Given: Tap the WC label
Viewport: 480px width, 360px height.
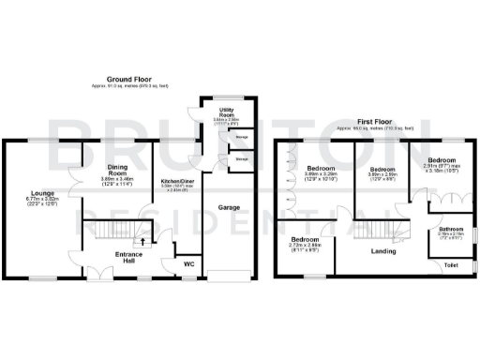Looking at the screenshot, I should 187,263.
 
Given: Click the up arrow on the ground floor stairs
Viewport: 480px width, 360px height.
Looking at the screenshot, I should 142,241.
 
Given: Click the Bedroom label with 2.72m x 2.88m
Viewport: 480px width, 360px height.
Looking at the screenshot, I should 304,240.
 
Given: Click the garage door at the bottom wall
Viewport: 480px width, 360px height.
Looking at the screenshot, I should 230,277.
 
